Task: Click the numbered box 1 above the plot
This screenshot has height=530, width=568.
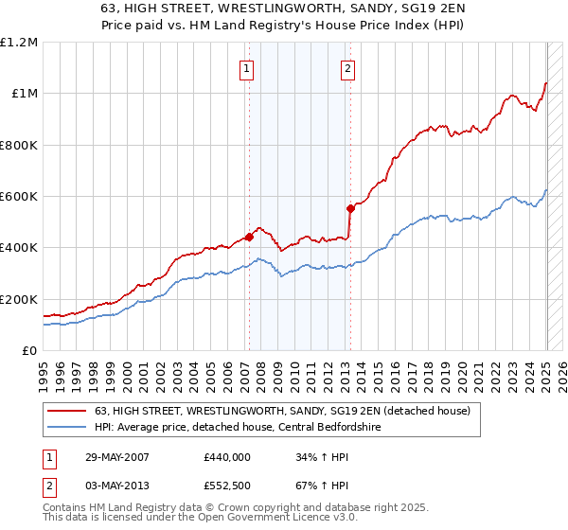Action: tap(246, 67)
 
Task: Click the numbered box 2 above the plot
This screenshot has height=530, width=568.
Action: tap(347, 67)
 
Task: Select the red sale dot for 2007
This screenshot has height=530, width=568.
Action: tap(249, 238)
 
